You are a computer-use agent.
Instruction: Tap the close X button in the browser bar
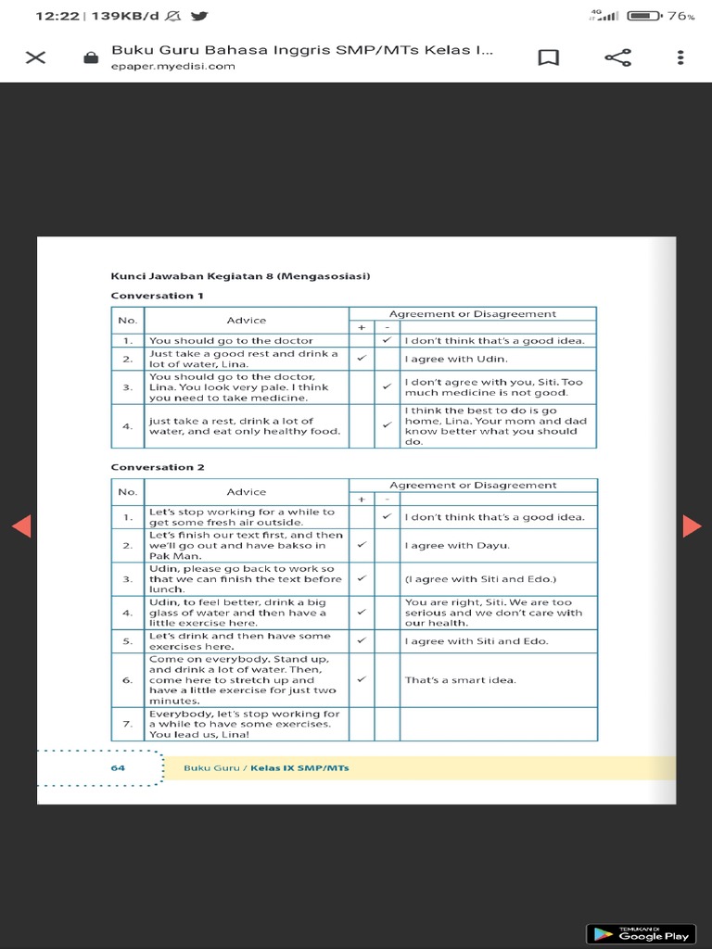click(x=35, y=57)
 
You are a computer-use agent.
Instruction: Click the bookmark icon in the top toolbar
click(x=549, y=57)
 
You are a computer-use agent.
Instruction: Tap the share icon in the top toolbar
click(x=617, y=57)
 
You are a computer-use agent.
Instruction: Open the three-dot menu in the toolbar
click(x=681, y=57)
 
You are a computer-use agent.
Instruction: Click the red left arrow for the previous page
click(x=21, y=525)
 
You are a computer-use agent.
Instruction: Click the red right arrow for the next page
click(x=692, y=525)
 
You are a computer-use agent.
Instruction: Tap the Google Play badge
click(x=640, y=932)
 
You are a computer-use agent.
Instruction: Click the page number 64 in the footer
click(x=118, y=767)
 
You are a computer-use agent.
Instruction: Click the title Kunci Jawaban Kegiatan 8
click(x=240, y=275)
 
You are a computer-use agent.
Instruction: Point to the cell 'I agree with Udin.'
click(x=456, y=359)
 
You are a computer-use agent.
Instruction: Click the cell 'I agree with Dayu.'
click(x=457, y=545)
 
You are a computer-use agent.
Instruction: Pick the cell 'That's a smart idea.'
click(x=460, y=679)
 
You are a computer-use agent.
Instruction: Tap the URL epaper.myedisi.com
click(x=172, y=67)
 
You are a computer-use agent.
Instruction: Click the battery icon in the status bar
click(x=643, y=16)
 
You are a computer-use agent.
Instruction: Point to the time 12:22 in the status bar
click(x=57, y=16)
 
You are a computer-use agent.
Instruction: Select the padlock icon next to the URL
click(x=91, y=57)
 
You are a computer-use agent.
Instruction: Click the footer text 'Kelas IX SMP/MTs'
click(x=299, y=767)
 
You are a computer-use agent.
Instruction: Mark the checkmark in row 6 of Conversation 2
click(x=362, y=679)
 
